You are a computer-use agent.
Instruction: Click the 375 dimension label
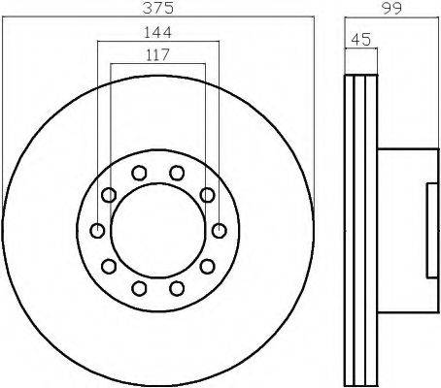pyautogui.click(x=158, y=8)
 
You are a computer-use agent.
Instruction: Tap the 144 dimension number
pyautogui.click(x=157, y=32)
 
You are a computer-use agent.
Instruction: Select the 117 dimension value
pyautogui.click(x=157, y=54)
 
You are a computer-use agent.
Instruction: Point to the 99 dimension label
pyautogui.click(x=391, y=8)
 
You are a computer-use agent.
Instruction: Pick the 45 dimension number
pyautogui.click(x=361, y=40)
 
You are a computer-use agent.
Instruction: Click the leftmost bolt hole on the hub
pyautogui.click(x=97, y=231)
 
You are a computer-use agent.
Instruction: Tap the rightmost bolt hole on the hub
pyautogui.click(x=220, y=231)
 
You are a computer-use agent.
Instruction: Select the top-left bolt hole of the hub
pyautogui.click(x=139, y=173)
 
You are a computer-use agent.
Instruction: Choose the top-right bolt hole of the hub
pyautogui.click(x=177, y=173)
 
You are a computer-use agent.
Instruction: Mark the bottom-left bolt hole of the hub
pyautogui.click(x=139, y=288)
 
